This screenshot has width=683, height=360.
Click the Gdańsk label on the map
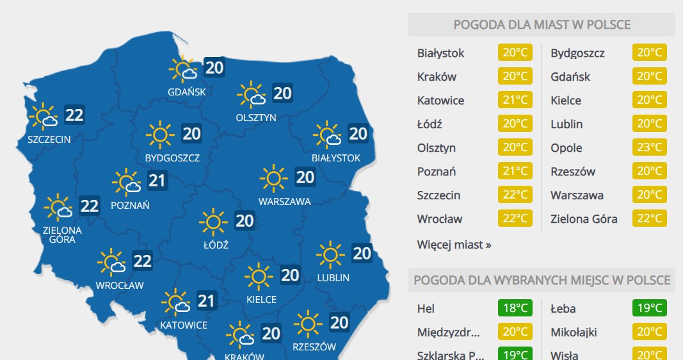[187, 92]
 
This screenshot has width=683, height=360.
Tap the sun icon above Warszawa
[273, 177]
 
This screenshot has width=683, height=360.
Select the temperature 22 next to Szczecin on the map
[74, 115]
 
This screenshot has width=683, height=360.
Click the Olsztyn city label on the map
[256, 117]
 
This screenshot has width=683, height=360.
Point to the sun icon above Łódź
[213, 222]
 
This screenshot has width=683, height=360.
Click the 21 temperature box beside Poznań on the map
[157, 181]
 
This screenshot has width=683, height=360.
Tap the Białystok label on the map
[336, 158]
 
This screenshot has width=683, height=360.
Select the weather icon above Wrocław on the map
[111, 262]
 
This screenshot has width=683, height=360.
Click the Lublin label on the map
[333, 277]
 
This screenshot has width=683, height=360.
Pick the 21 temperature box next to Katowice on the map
[206, 300]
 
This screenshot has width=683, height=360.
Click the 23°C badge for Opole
[650, 148]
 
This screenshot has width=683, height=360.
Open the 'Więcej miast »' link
[454, 245]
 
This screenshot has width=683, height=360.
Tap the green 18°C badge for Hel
[515, 309]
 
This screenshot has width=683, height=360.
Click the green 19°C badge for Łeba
[650, 309]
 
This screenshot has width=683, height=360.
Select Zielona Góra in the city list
[584, 219]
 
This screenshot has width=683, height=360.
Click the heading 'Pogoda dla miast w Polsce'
[542, 25]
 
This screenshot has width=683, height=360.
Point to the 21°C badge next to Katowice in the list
[515, 101]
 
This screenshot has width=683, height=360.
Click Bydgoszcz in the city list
[577, 53]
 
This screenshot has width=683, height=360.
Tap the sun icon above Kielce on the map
[258, 277]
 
